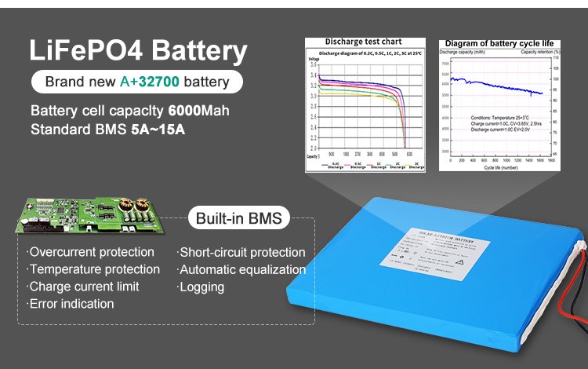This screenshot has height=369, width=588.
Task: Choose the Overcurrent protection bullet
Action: pos(90,252)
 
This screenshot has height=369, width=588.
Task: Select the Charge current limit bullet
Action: pos(84,287)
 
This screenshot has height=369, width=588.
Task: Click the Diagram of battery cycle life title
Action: pos(498,43)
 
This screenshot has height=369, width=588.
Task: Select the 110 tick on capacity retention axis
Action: pos(555,58)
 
